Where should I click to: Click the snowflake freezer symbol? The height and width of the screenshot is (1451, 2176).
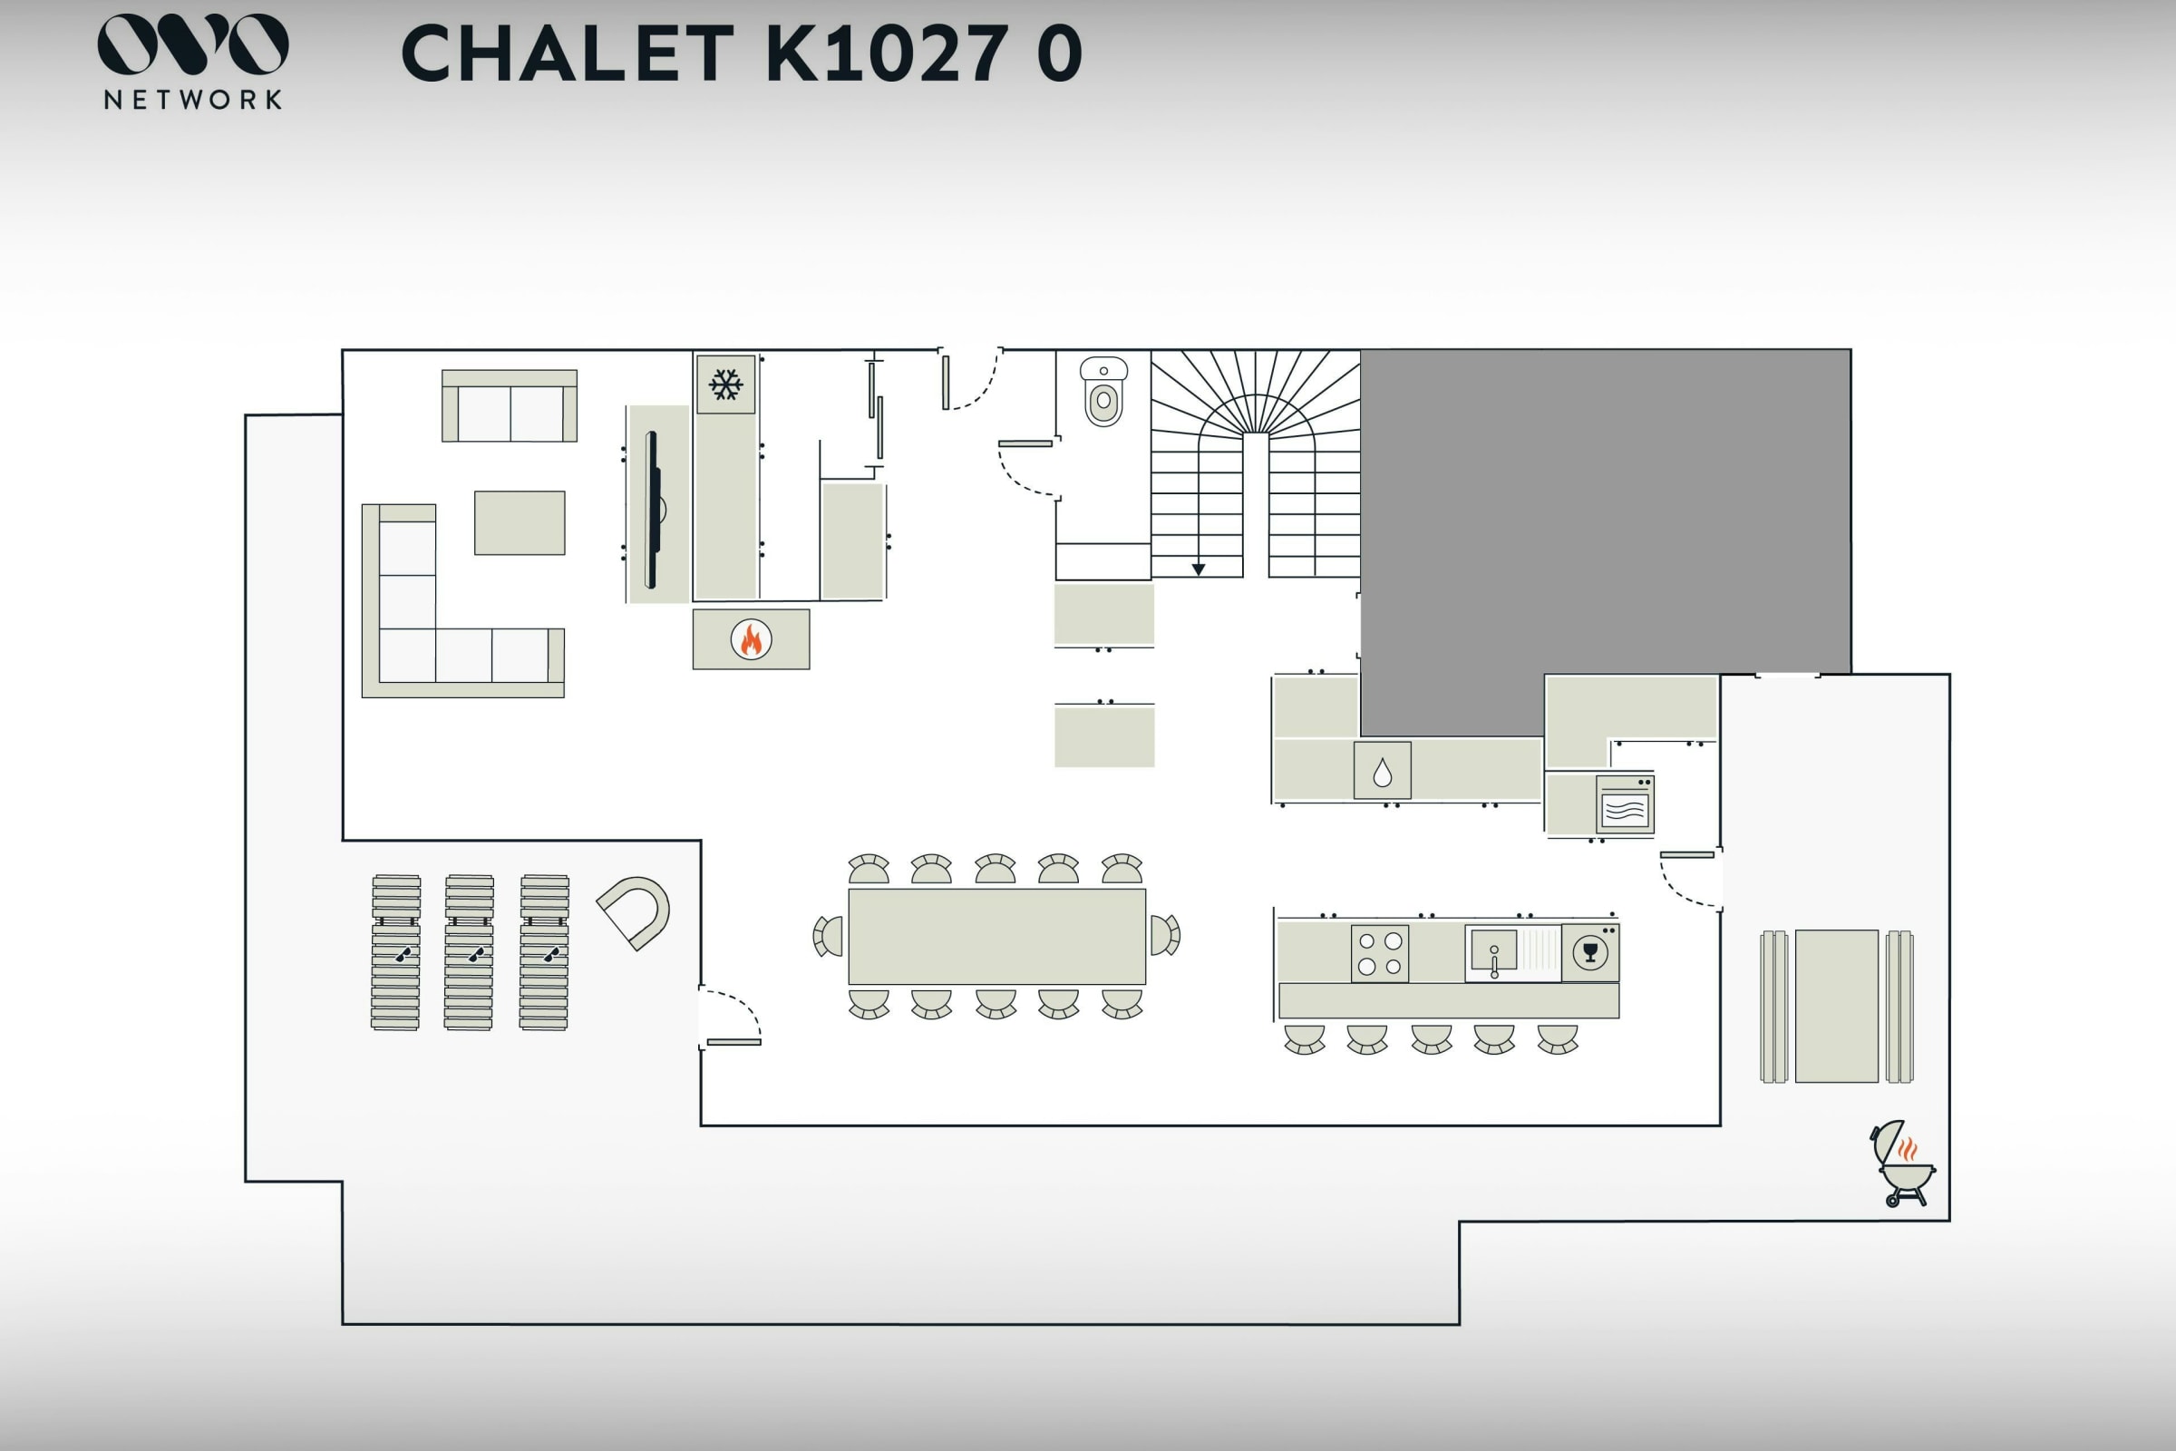[725, 384]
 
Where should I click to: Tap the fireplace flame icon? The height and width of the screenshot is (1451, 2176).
[752, 639]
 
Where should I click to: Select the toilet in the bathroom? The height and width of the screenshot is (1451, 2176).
[1103, 393]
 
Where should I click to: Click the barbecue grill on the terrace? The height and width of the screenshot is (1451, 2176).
[1904, 1164]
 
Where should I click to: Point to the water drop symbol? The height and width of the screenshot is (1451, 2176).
[1382, 771]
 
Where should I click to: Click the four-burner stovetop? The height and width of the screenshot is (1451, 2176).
[1379, 953]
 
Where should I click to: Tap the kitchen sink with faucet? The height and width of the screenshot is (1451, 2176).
[1493, 954]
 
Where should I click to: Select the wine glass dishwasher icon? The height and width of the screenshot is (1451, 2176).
[1590, 952]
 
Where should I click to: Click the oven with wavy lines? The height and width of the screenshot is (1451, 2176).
[1625, 805]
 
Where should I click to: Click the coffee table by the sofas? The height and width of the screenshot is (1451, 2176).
[520, 523]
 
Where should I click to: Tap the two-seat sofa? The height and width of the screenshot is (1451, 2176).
[510, 407]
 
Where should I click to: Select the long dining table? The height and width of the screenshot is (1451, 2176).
[996, 937]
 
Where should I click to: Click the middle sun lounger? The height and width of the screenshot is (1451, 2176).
[469, 952]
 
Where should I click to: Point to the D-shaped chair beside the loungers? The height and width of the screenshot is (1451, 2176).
[635, 911]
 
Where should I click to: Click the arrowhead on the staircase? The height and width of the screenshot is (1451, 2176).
[1198, 570]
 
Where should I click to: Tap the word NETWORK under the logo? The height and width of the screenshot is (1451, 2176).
[192, 100]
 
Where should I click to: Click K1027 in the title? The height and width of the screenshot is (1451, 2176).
[887, 54]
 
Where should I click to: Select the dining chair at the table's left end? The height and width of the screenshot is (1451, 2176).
[829, 937]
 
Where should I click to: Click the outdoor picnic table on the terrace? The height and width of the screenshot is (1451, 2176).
[1837, 1006]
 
